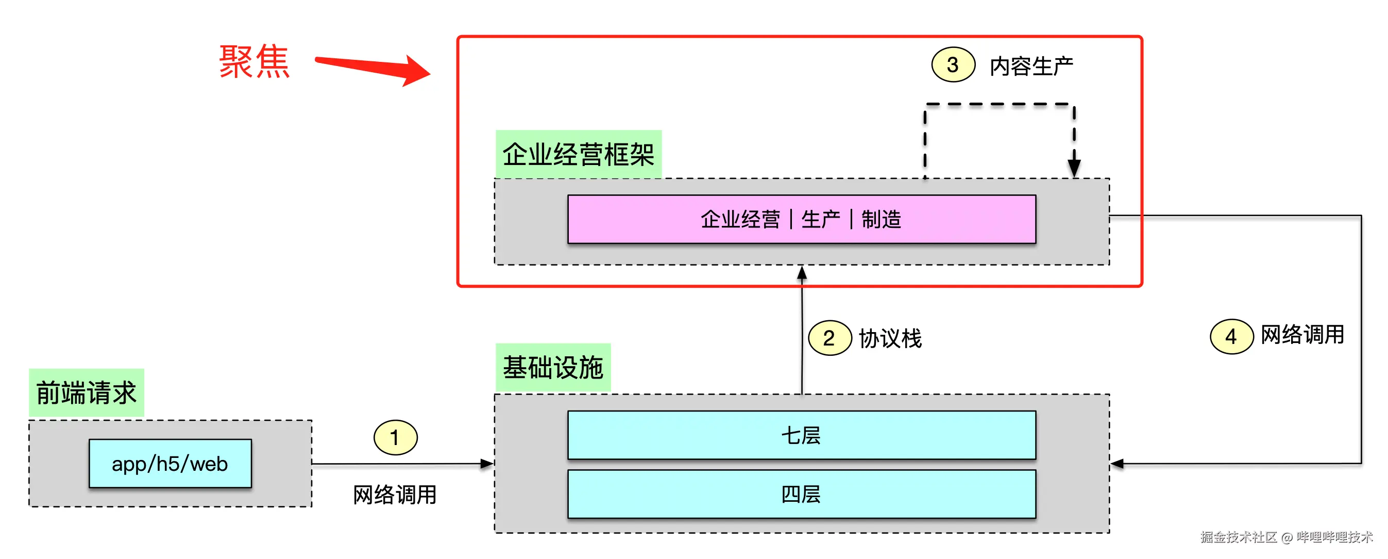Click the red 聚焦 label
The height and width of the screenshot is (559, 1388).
click(255, 62)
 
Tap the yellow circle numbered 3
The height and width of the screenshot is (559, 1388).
click(953, 65)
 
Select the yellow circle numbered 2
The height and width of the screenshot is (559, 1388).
click(829, 338)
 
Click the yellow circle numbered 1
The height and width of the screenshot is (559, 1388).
click(395, 437)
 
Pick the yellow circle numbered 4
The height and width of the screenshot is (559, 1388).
click(1231, 337)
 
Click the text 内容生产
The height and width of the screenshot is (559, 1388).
click(1031, 67)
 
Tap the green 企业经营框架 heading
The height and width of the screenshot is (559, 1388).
click(578, 154)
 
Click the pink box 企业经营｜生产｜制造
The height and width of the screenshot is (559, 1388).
click(801, 219)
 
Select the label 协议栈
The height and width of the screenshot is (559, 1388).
click(890, 338)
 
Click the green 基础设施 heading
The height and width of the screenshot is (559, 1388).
click(553, 368)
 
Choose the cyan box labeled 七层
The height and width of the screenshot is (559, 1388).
click(801, 436)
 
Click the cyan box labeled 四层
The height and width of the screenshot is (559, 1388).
click(801, 495)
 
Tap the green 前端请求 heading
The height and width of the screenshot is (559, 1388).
click(86, 392)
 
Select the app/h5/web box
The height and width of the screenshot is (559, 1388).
click(170, 464)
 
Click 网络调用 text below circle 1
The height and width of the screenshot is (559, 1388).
click(395, 495)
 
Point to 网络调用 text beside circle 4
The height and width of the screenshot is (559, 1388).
click(1302, 335)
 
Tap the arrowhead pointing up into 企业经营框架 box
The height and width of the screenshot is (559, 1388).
click(802, 273)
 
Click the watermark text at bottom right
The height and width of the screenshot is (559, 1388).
click(1286, 537)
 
